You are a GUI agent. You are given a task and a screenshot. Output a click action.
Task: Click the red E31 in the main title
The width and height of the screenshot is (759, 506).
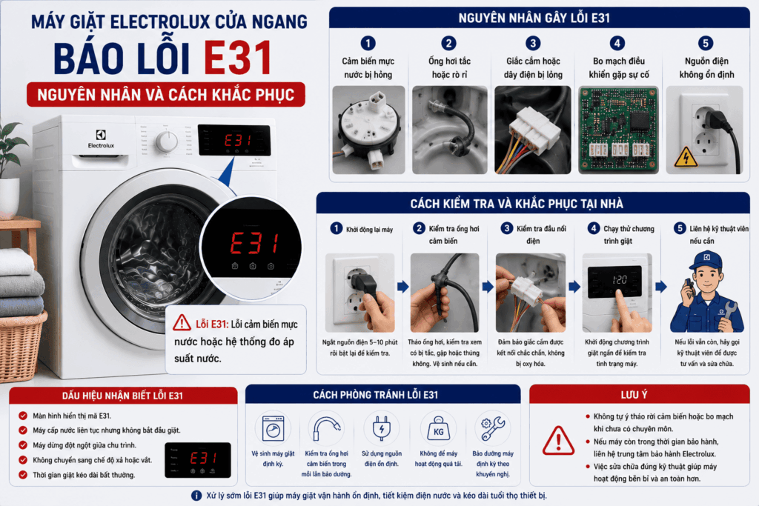click(238, 58)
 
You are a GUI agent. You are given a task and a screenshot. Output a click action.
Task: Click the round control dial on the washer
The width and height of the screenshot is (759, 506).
click(167, 142)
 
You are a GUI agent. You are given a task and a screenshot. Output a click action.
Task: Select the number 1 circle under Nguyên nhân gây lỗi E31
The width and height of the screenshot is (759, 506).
click(368, 43)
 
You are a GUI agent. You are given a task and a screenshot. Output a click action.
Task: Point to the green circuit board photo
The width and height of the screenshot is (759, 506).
click(619, 130)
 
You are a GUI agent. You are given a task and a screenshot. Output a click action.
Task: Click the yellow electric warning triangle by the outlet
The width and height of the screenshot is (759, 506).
click(686, 156)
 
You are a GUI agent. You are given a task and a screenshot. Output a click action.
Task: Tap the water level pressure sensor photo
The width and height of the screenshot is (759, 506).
click(368, 130)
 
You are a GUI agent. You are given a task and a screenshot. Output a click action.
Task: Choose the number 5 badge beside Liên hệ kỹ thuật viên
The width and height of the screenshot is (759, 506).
click(680, 228)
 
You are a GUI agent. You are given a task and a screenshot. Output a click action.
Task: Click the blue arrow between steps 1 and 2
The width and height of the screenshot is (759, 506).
click(402, 287)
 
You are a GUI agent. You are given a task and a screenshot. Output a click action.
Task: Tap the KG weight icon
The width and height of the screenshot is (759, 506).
click(438, 429)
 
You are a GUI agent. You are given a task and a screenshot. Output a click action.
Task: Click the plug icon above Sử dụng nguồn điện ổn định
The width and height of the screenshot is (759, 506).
click(382, 428)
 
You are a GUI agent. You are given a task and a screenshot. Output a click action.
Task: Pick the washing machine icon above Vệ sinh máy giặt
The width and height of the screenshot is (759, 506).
click(273, 428)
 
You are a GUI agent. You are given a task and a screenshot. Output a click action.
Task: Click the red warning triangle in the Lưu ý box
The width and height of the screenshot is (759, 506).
click(558, 442)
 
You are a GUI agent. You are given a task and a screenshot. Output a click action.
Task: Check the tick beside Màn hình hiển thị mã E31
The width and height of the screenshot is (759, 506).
click(23, 416)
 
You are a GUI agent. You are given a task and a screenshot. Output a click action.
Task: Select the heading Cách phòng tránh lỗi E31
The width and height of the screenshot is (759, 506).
click(375, 395)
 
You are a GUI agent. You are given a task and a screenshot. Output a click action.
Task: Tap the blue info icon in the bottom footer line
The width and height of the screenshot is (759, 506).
click(196, 496)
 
